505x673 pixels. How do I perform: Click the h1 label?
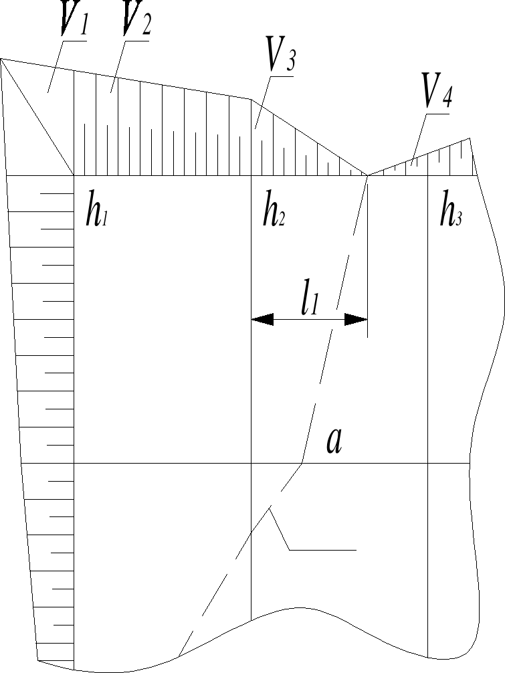[96, 212]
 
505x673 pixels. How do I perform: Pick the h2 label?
[274, 212]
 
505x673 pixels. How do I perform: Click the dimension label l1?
[308, 302]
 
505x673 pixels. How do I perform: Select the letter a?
[334, 442]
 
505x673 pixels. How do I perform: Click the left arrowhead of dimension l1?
[262, 320]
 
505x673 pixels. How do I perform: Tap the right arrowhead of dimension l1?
[357, 320]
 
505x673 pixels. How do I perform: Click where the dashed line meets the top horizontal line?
[367, 175]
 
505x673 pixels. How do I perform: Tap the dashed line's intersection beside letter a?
[303, 463]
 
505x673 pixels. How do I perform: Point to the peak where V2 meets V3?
[251, 99]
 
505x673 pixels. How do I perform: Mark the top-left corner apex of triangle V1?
[2, 59]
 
